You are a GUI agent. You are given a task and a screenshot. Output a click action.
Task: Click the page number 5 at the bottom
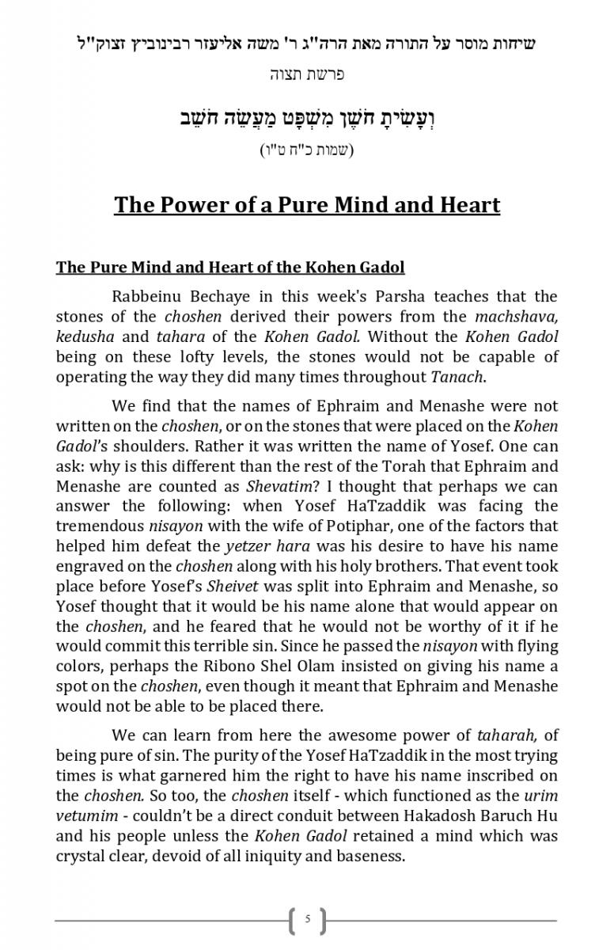[x=307, y=920]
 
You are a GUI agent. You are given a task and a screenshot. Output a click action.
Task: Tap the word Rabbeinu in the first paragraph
[x=148, y=297]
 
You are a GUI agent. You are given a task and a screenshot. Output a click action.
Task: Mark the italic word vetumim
[x=86, y=816]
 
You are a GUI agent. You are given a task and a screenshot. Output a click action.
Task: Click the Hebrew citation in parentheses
[x=307, y=150]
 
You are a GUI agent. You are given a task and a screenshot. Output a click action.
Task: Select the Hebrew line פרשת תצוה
[x=307, y=76]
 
